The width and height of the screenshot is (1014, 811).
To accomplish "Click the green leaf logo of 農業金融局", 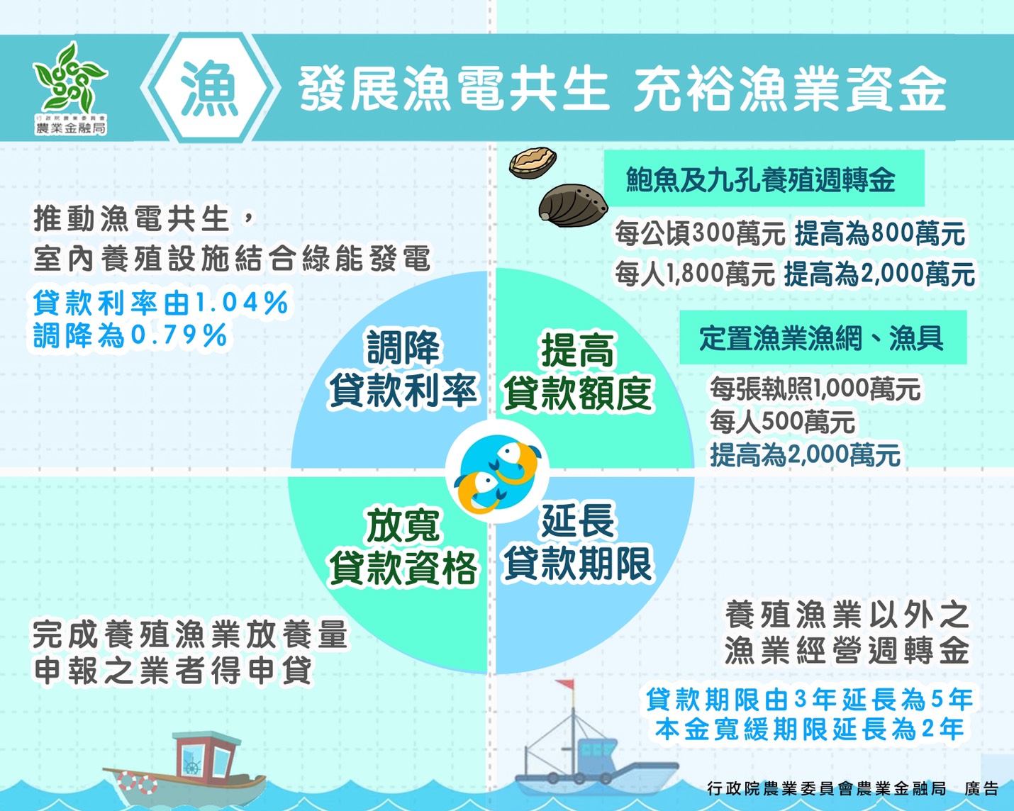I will [69, 78].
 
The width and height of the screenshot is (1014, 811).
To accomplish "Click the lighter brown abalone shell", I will [532, 162].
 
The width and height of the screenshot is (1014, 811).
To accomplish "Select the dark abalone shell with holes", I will [574, 206].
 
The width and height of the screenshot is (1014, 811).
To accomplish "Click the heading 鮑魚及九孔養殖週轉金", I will [760, 180].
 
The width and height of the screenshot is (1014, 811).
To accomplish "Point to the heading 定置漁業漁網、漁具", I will [821, 338].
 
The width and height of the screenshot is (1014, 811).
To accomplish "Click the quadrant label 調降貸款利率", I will [403, 369].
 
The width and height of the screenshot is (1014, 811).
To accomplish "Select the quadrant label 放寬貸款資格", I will [403, 547].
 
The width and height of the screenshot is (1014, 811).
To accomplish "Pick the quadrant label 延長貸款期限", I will [577, 542].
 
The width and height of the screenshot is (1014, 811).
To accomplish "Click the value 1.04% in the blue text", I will [242, 303].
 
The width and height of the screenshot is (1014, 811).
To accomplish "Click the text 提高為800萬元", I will [879, 233].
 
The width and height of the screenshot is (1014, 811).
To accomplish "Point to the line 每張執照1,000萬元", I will [815, 388].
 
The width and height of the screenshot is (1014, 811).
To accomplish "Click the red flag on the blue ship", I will [565, 686].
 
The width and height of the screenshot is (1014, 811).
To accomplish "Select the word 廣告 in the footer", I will [981, 788].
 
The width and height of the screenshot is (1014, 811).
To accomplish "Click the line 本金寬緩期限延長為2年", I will [809, 729].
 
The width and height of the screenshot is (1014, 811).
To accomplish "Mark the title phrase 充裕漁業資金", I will [790, 90].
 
